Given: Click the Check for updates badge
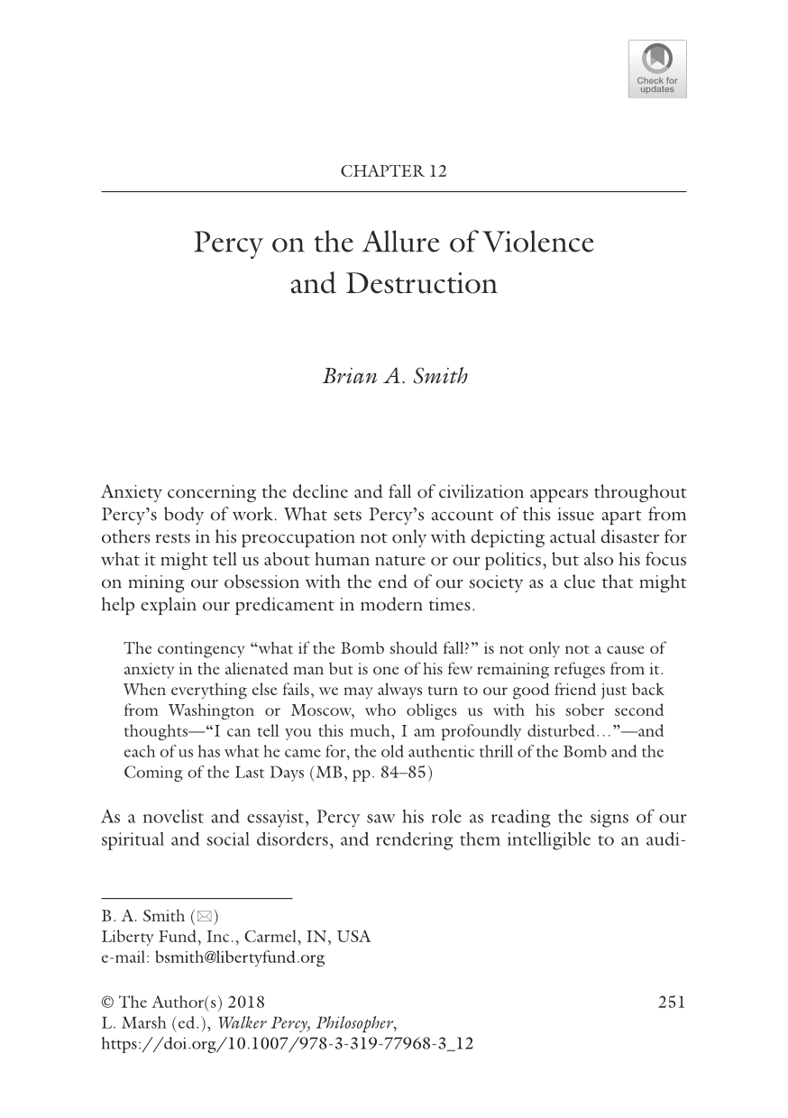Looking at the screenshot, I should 656,69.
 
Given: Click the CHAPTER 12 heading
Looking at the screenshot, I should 393,171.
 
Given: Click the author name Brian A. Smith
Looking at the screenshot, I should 395,376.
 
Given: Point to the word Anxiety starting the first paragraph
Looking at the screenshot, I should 133,492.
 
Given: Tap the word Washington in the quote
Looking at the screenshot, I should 211,710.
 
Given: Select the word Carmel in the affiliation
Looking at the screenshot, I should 288,937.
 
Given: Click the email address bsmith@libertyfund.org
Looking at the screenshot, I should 239,958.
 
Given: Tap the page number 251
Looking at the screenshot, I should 672,1003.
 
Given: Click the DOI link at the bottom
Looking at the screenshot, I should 287,1044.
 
